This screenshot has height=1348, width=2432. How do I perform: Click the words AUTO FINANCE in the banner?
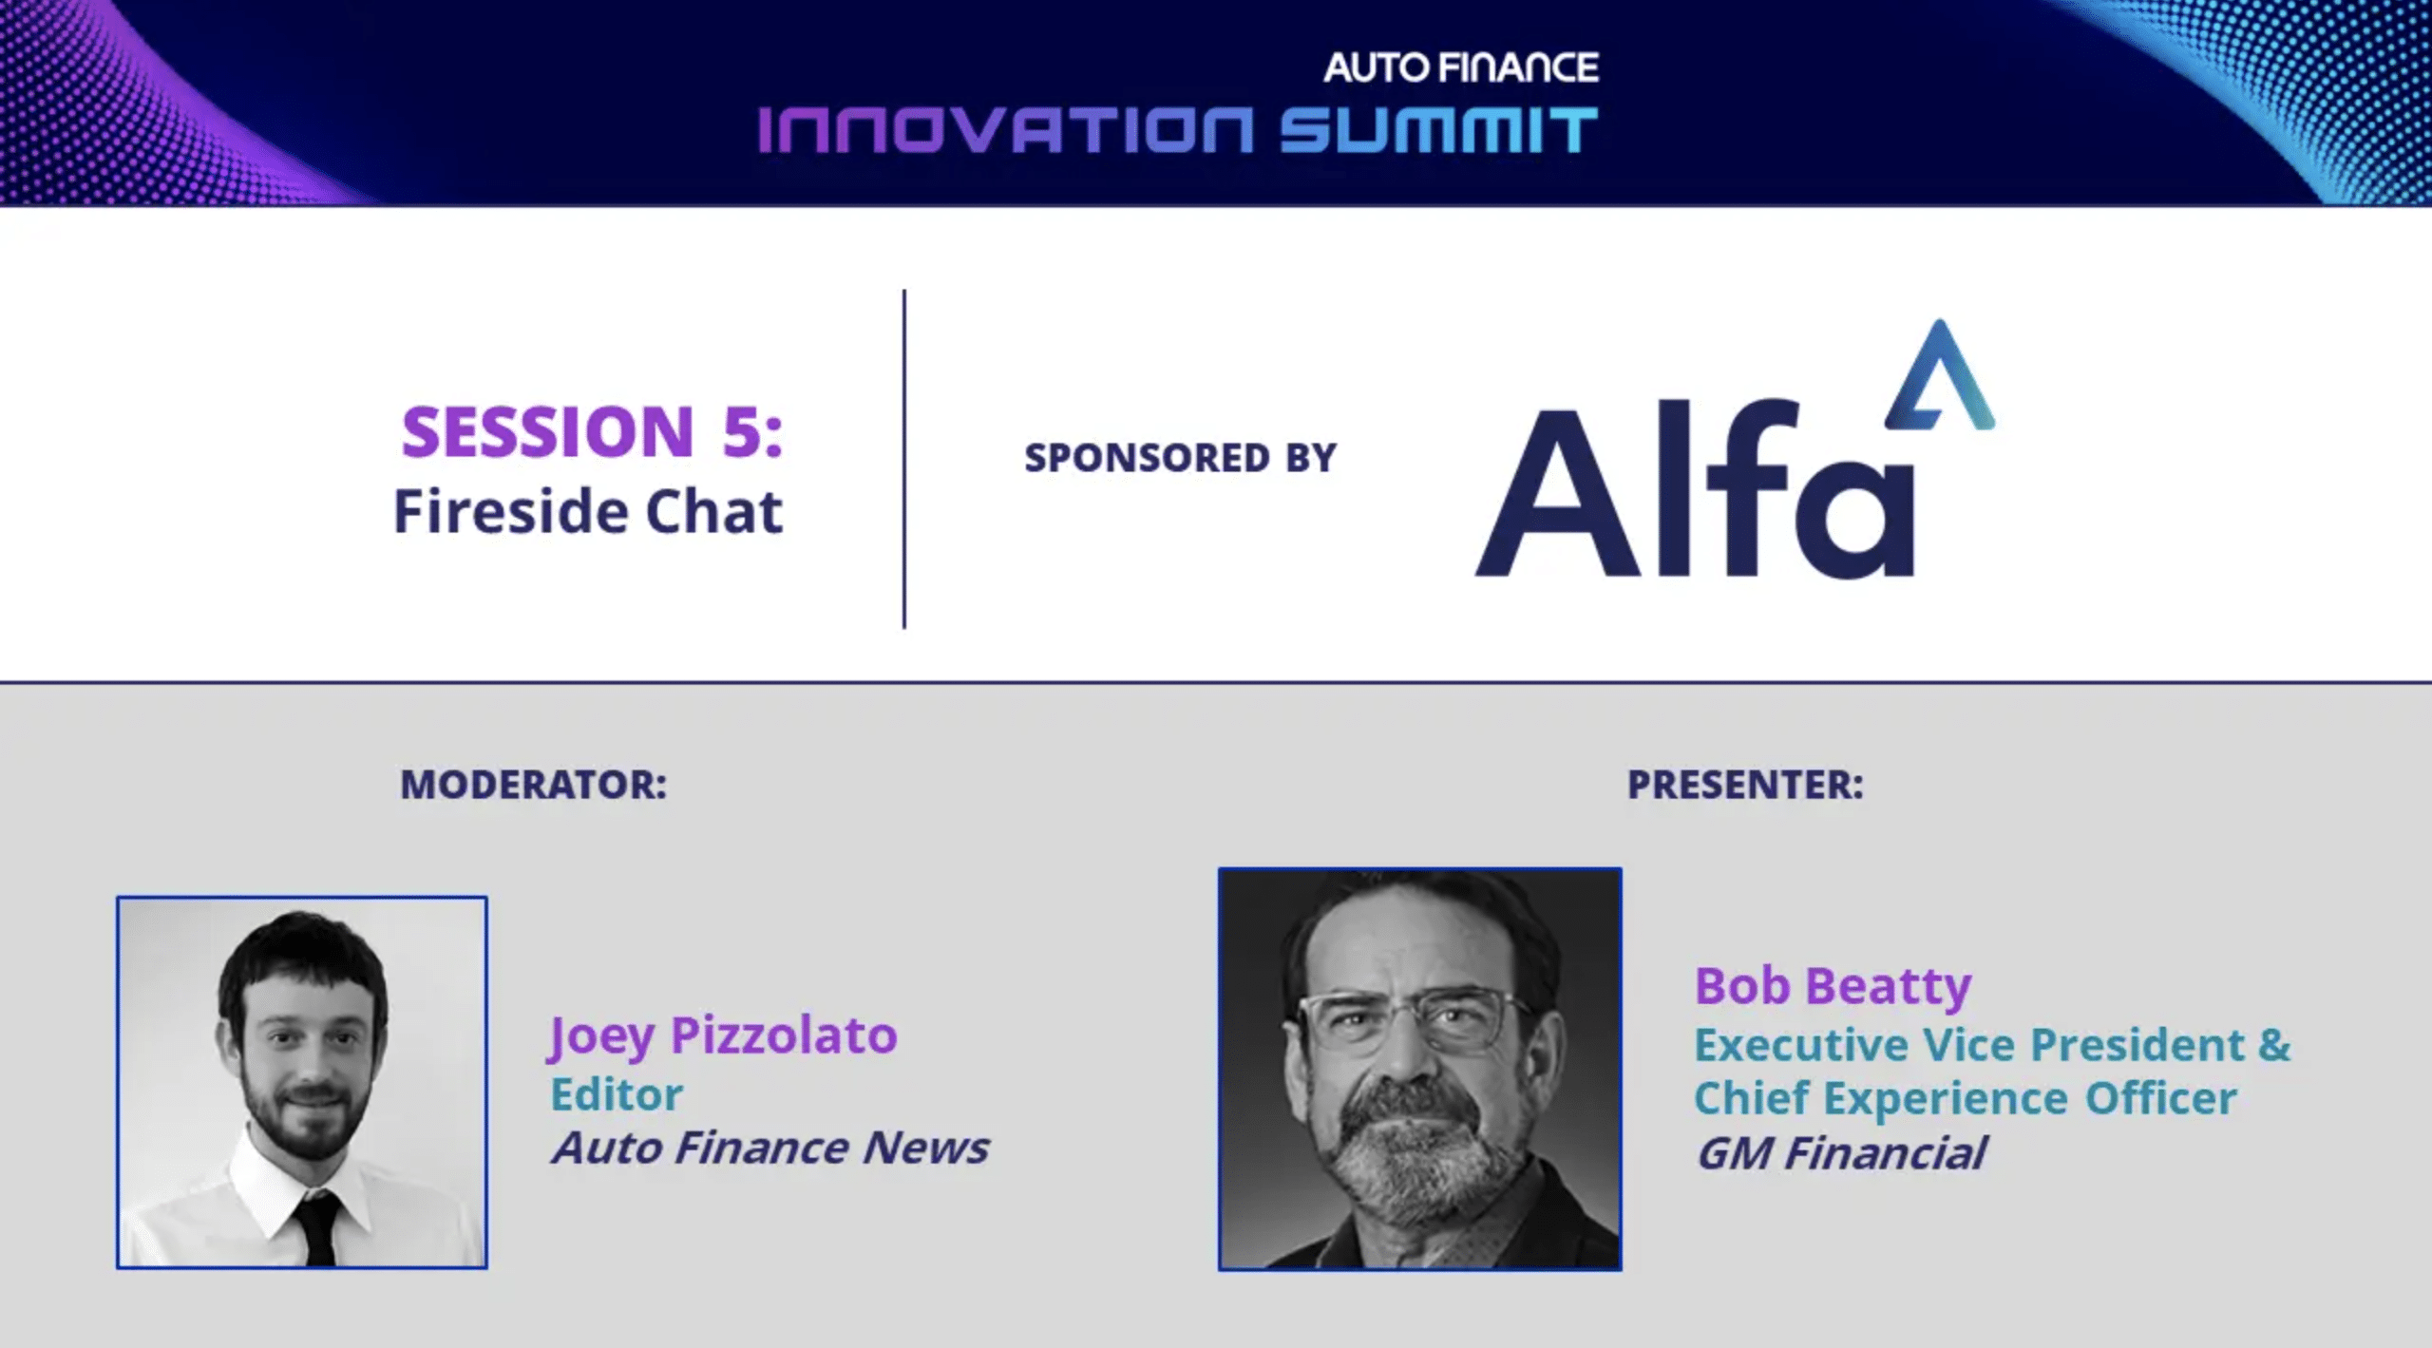[1461, 67]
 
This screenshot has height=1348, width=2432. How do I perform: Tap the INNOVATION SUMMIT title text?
[1178, 130]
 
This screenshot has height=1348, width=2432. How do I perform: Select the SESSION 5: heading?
[592, 431]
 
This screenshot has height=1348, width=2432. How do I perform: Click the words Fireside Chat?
[588, 512]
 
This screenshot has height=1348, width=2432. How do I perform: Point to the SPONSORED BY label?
[1180, 458]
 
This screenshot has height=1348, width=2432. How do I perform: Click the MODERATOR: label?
[533, 785]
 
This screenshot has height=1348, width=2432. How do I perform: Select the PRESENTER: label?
[1745, 785]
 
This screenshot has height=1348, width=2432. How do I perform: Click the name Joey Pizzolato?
[722, 1035]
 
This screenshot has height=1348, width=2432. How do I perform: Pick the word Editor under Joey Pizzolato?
[617, 1094]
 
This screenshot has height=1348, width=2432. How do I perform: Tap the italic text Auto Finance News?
[770, 1148]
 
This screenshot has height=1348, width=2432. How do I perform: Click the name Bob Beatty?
[1833, 985]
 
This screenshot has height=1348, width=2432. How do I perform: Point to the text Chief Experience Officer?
[1966, 1098]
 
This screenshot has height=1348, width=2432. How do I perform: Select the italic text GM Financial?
[1840, 1153]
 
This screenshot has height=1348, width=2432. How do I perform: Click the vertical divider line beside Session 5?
[904, 459]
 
